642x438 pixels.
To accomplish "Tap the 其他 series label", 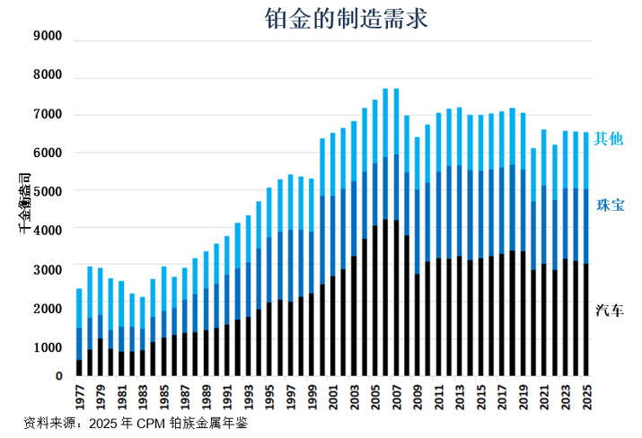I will (x=608, y=139).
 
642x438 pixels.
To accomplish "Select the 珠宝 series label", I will (x=610, y=206).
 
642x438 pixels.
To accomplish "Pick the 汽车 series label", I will (x=610, y=311).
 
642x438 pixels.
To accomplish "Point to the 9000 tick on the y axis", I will (x=46, y=37).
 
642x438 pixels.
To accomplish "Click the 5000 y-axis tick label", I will (x=46, y=192).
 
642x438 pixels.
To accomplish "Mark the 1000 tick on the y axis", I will (x=46, y=347).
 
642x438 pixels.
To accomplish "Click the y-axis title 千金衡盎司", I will (x=24, y=206).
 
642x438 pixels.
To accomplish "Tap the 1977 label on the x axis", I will (x=79, y=396).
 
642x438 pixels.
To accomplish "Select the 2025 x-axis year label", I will (x=587, y=396).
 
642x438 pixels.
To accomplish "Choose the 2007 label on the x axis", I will (x=396, y=396).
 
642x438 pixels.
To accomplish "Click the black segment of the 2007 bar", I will (x=396, y=296).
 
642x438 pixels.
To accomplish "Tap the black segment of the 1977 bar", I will (x=79, y=368).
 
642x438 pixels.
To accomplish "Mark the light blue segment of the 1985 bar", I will (x=163, y=287).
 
